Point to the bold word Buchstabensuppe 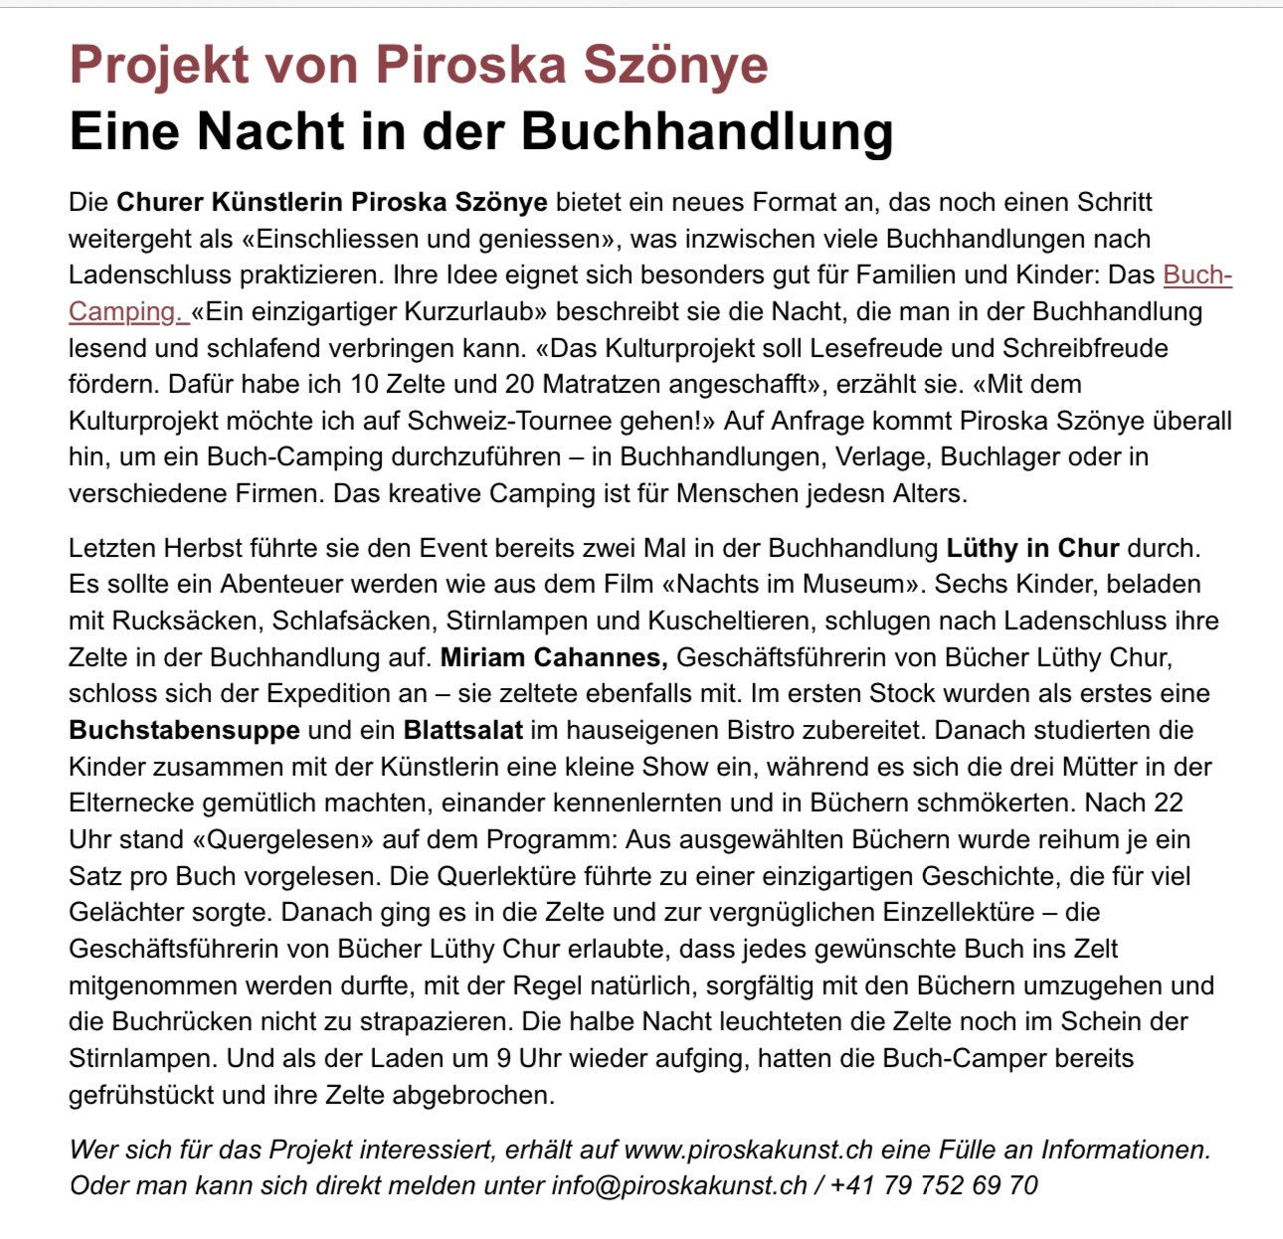tap(184, 730)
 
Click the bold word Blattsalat tap(462, 730)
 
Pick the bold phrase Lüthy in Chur tap(1032, 548)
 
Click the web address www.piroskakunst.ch tap(748, 1150)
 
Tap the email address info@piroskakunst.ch tap(679, 1185)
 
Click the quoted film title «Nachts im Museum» tap(798, 584)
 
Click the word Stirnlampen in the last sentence tap(143, 1058)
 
